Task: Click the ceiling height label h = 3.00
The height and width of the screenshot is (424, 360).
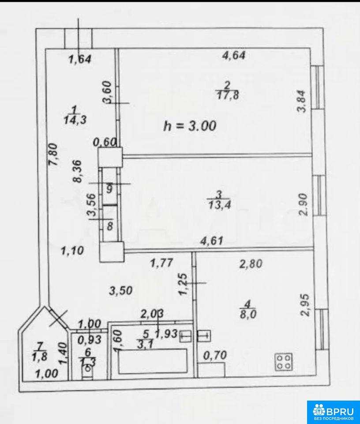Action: coord(190,126)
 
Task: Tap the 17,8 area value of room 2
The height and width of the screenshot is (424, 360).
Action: coord(228,95)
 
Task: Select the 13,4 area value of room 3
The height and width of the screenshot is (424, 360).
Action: coord(220,204)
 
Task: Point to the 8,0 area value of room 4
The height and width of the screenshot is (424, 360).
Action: coord(248,314)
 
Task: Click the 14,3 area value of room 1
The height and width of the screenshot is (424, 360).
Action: coord(75,120)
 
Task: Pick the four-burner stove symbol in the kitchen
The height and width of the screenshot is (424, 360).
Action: coord(284,362)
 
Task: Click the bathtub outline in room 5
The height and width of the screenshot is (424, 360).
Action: coord(153,361)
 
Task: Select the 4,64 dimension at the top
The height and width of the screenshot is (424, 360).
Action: coord(234,55)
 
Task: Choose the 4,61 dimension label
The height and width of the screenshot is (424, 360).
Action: coord(211,240)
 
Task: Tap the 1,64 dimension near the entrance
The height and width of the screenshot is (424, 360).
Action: coord(80,59)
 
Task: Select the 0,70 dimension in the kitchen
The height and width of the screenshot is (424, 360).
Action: coord(215,355)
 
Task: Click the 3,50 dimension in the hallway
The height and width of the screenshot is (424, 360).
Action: coord(121,291)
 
